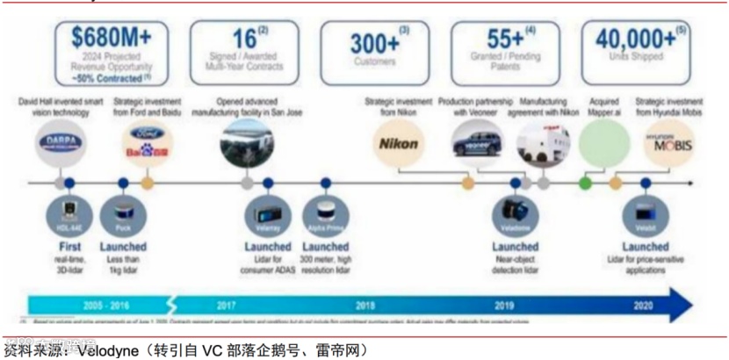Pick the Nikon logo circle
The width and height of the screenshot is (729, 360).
[399, 143]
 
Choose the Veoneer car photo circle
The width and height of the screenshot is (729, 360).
[478, 142]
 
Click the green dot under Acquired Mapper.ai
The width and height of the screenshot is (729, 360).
[585, 184]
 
